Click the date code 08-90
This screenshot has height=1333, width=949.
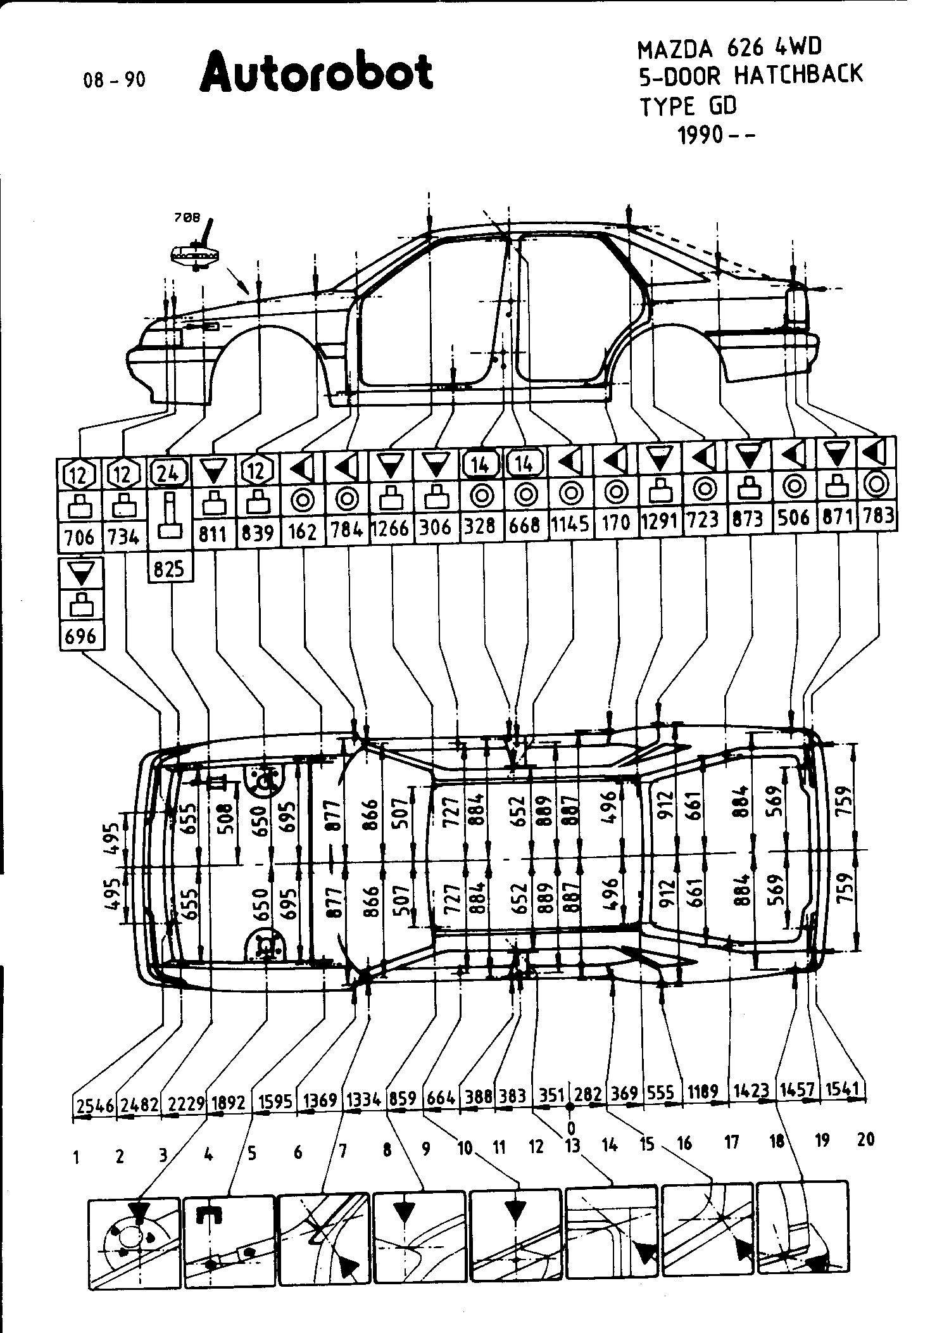[x=114, y=80]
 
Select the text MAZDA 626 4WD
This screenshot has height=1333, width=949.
[x=729, y=48]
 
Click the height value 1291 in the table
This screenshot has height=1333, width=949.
[x=660, y=521]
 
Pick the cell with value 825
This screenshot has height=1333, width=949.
[x=169, y=569]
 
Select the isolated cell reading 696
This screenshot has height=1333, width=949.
[x=80, y=636]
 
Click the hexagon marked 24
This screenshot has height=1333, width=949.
[x=169, y=473]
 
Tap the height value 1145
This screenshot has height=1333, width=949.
[x=570, y=524]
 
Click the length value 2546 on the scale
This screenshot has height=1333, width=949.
[x=95, y=1106]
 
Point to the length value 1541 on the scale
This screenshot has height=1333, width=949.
[x=844, y=1089]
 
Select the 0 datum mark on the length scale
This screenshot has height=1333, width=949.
[x=570, y=1128]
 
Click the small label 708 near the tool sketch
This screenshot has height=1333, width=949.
[x=187, y=217]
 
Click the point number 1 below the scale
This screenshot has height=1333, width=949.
[x=76, y=1158]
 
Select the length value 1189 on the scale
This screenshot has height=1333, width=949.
[x=703, y=1092]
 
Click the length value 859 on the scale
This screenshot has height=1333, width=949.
[x=403, y=1097]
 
